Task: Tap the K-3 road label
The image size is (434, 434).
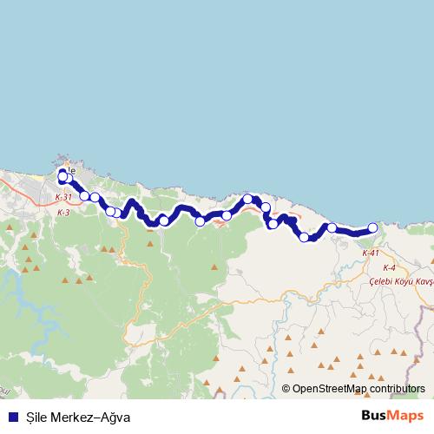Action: coord(62,213)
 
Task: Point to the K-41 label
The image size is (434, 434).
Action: coord(371,253)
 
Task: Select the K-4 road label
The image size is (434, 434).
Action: coord(388,268)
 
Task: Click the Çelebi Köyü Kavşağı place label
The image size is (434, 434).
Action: coord(399,282)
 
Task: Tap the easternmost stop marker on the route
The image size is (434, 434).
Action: coord(373,227)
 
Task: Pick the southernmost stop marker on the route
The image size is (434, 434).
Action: coord(304,237)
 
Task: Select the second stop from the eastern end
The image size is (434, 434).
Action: coord(332,227)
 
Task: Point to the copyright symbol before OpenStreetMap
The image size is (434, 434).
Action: coord(287,389)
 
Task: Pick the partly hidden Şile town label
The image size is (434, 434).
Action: coord(71,170)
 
